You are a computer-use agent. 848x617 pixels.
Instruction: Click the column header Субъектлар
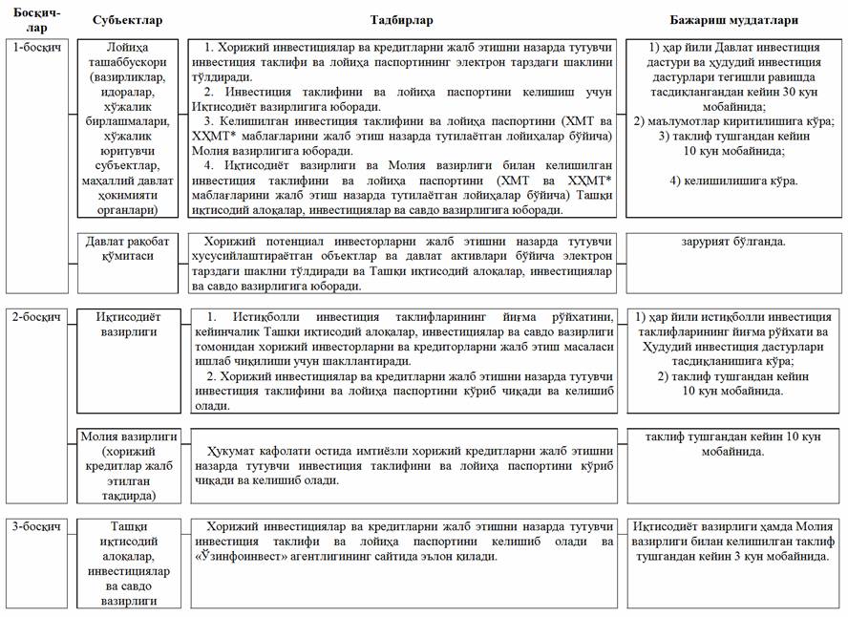pyautogui.click(x=130, y=20)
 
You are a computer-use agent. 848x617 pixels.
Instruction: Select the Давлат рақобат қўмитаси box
pyautogui.click(x=130, y=250)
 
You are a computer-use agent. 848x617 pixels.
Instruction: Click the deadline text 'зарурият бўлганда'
pyautogui.click(x=732, y=242)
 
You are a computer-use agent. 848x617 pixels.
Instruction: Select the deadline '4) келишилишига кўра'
pyautogui.click(x=732, y=181)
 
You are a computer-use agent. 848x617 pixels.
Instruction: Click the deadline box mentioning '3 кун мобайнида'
pyautogui.click(x=732, y=541)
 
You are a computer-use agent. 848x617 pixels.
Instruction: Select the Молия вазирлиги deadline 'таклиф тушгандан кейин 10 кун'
pyautogui.click(x=732, y=442)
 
